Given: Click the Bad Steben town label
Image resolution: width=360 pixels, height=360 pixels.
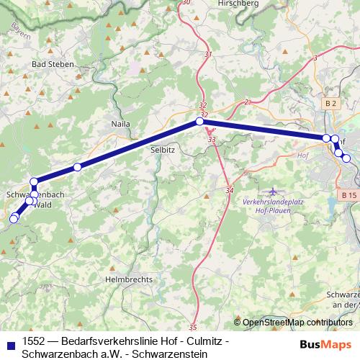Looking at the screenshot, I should [50, 64].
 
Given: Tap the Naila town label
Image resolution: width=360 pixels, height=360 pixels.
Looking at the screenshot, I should [120, 124].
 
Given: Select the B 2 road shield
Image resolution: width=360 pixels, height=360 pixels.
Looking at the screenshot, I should [330, 104].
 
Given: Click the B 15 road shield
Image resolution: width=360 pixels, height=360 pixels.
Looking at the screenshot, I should [348, 195].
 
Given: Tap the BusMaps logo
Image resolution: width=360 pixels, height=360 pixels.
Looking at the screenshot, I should [325, 344].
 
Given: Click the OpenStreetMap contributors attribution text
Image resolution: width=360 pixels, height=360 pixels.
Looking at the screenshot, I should [297, 322].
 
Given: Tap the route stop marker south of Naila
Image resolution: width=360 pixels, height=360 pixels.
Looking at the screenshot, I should [77, 167].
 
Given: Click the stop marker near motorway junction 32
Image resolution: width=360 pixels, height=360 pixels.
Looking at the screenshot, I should [199, 122].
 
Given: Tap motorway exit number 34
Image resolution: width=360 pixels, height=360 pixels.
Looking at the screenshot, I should [230, 190].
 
